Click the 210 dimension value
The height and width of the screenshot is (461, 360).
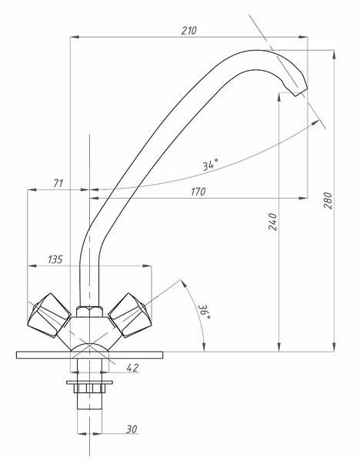pyautogui.click(x=188, y=31)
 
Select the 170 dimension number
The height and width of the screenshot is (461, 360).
pyautogui.click(x=198, y=192)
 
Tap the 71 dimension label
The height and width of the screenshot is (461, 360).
pyautogui.click(x=58, y=183)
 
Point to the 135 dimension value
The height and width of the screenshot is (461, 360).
pyautogui.click(x=55, y=259)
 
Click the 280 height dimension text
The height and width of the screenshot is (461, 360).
pyautogui.click(x=328, y=201)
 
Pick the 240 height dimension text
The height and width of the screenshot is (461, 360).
pyautogui.click(x=272, y=222)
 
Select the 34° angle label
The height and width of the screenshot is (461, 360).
pyautogui.click(x=211, y=165)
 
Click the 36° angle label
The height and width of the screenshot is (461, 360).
pyautogui.click(x=205, y=312)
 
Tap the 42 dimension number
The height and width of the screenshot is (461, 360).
pyautogui.click(x=132, y=368)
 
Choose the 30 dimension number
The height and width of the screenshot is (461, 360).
pyautogui.click(x=132, y=429)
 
